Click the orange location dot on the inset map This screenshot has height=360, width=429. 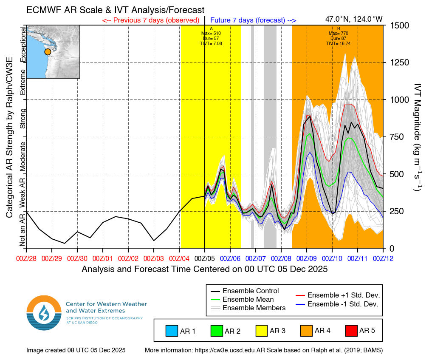48,51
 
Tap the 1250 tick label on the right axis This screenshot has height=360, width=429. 400,62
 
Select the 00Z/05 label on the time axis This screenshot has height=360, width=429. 205,258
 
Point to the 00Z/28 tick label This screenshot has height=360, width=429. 26,258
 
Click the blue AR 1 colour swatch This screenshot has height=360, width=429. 172,330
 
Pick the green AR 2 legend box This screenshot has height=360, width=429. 217,330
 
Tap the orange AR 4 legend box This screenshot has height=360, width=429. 307,330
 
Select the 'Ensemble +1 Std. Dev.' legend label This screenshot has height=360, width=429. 343,295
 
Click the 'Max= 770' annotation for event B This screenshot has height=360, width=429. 339,33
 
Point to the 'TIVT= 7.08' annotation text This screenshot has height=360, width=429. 211,43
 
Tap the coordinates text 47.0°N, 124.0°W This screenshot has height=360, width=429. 354,19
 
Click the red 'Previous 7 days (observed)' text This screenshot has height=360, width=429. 151,20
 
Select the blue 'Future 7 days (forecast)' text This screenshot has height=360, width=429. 253,20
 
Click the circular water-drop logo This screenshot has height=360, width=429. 44,312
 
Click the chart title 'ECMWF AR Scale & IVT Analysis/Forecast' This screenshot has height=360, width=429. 115,10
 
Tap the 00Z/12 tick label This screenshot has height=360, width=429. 383,258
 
